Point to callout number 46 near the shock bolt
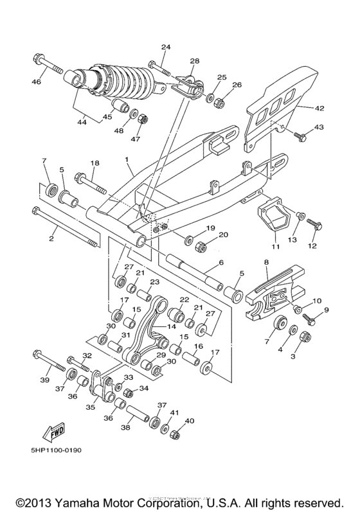[37, 82]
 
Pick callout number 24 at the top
[165, 48]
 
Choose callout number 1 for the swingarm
[127, 159]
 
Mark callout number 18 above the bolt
[94, 165]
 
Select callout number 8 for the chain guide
[265, 262]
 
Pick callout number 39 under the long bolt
[44, 380]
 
